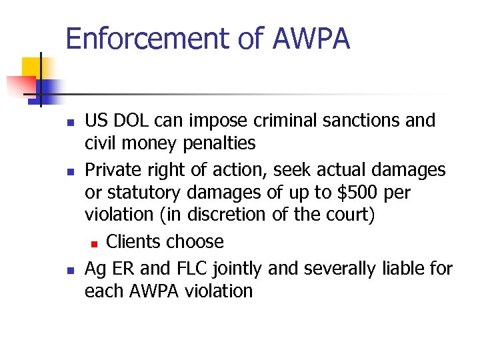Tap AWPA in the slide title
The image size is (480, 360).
[x=311, y=39]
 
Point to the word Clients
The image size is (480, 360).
[x=137, y=241]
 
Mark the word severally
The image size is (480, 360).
[x=341, y=269]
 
